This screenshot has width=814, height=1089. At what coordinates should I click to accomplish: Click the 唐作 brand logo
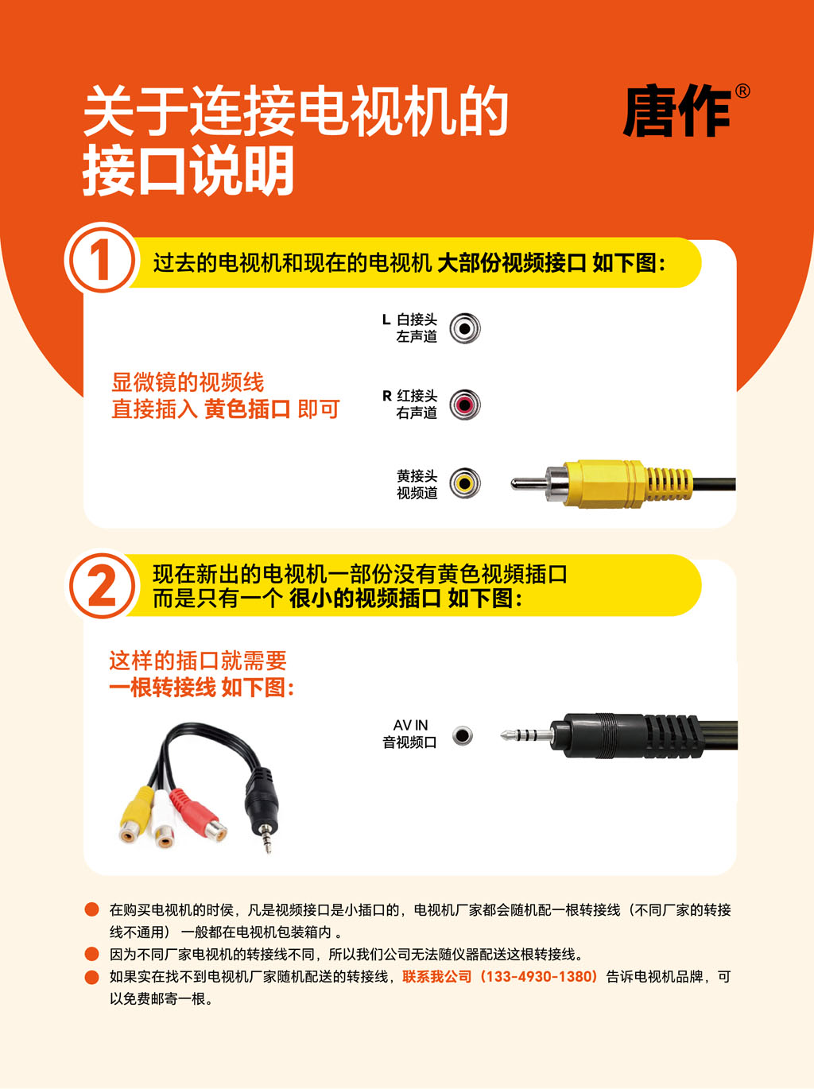[x=676, y=112]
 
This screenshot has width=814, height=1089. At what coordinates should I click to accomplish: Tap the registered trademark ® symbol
[x=742, y=91]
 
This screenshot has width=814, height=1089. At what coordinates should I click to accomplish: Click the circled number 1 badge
[x=102, y=260]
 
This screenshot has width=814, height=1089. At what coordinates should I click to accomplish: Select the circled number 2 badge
[x=102, y=586]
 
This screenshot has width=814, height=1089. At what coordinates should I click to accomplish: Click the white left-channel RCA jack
[x=465, y=328]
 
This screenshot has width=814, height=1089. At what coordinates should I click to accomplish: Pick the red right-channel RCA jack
[x=465, y=405]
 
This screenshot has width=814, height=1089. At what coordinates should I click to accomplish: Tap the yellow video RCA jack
[x=465, y=482]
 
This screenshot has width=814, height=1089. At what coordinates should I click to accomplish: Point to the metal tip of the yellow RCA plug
[x=528, y=482]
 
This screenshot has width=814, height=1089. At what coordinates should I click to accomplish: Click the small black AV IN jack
[x=463, y=735]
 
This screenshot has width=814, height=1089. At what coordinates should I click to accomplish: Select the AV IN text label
[x=411, y=725]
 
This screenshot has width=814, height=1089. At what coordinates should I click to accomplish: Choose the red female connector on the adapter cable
[x=199, y=815]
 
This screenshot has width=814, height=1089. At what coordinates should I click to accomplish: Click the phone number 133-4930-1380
[x=540, y=977]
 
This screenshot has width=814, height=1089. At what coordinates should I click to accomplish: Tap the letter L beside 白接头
[x=386, y=320]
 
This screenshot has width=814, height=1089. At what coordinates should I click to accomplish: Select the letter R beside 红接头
[x=387, y=396]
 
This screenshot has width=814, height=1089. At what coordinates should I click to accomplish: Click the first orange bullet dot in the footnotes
[x=91, y=909]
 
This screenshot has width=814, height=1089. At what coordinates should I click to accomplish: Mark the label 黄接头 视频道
[x=417, y=484]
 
